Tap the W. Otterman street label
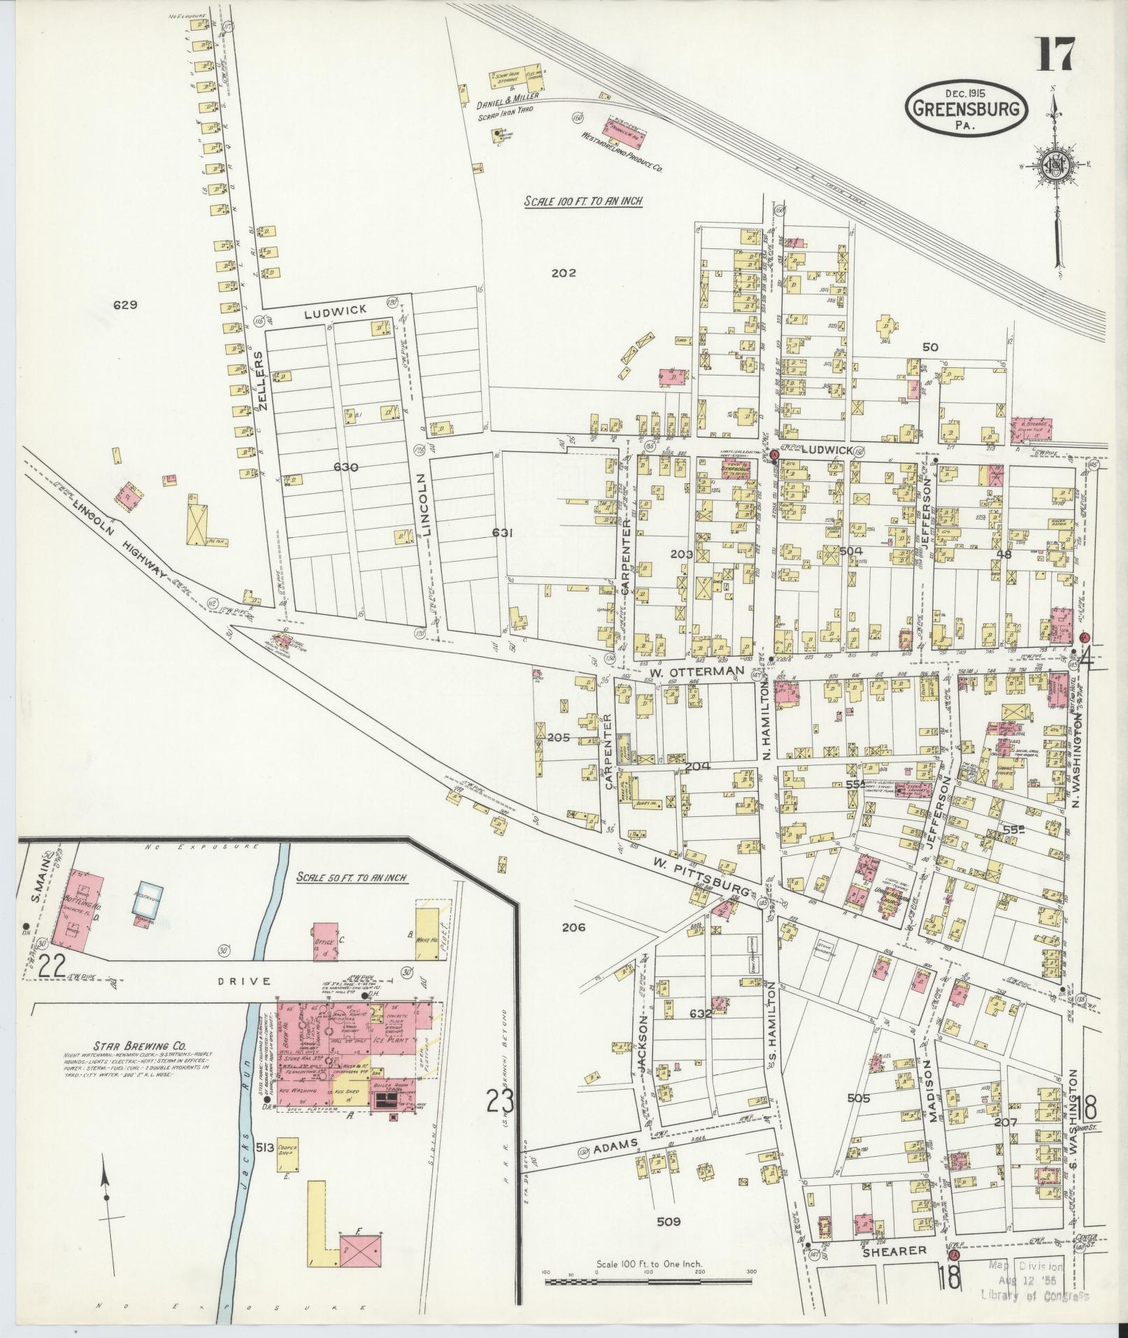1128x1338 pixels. point(695,671)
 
